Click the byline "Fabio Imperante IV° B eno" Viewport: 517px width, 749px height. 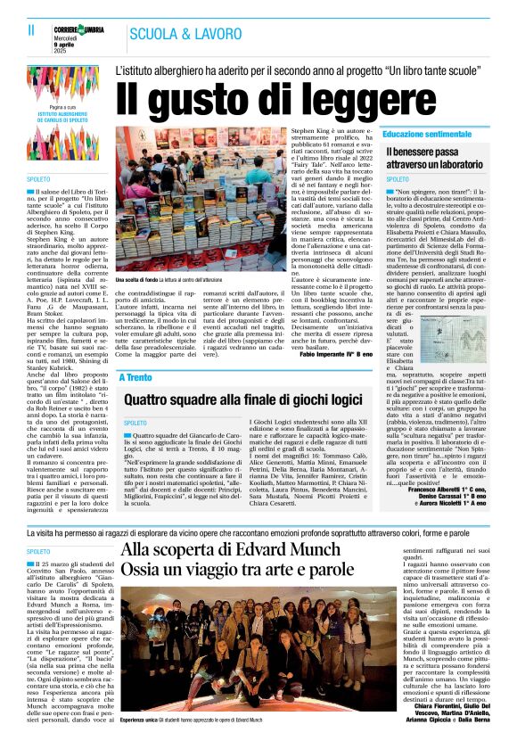[363, 355]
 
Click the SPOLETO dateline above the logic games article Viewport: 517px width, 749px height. [135, 423]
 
